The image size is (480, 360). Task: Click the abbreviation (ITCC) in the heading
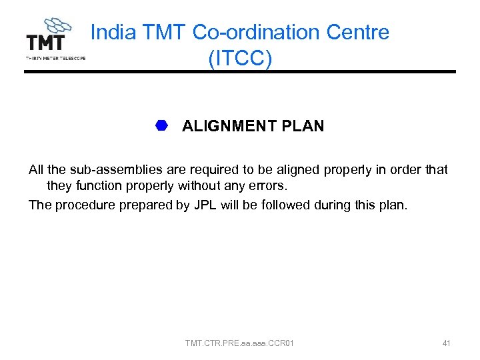(x=240, y=58)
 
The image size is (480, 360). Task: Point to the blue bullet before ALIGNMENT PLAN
(x=161, y=125)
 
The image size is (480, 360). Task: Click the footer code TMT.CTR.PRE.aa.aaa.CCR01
(x=239, y=343)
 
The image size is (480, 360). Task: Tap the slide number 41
(x=446, y=343)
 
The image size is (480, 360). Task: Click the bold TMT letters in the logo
(x=45, y=42)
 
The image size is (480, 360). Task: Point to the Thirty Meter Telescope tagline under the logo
(x=55, y=58)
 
